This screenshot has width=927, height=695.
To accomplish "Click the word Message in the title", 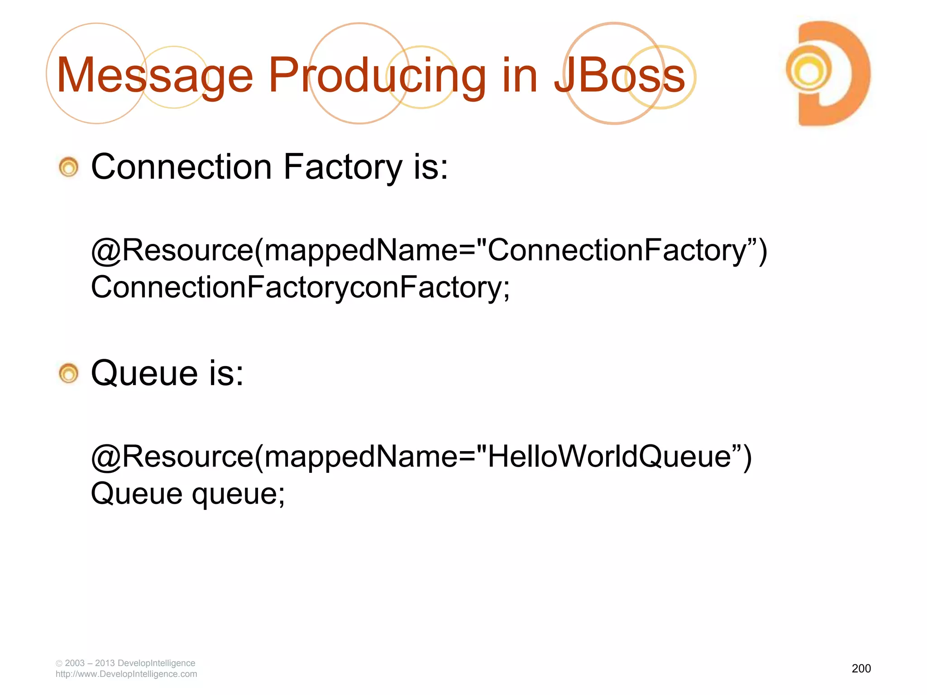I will pos(154,76).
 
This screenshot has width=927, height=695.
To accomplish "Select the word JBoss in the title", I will pos(620,76).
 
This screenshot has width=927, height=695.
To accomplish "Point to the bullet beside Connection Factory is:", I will pos(69,167).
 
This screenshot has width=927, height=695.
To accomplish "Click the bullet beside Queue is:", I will pos(69,374).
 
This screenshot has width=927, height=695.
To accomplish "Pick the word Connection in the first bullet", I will pos(182,167).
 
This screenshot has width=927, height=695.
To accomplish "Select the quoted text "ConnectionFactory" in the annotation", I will pos(616,250).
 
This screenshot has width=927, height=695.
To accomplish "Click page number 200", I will pos(861,668).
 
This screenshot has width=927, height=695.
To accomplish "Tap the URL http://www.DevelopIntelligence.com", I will pos(126,674).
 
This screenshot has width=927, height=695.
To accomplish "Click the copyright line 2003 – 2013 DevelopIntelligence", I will pos(129,663).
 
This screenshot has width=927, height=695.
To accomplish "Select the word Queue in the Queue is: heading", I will pos(144,373).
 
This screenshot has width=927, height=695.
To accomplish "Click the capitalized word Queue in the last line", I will pos(136,494).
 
